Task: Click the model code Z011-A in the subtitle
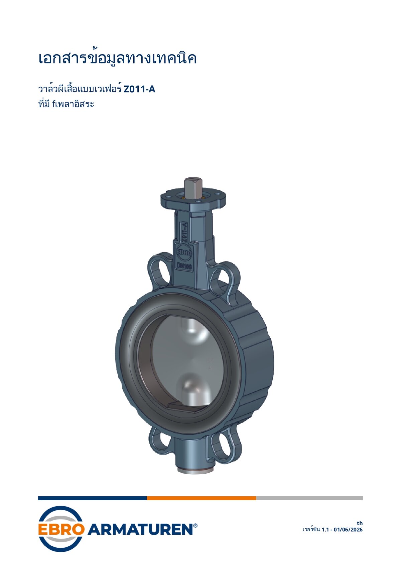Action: click(x=139, y=89)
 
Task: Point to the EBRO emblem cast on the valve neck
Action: click(x=184, y=253)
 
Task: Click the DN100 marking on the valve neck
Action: click(x=184, y=266)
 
